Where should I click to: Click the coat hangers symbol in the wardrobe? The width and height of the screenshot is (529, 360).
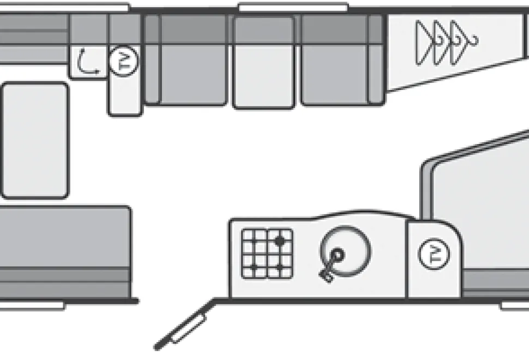click(x=446, y=43)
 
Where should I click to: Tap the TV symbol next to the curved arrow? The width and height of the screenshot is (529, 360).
click(x=124, y=62)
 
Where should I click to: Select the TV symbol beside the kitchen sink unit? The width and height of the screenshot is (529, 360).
click(x=434, y=254)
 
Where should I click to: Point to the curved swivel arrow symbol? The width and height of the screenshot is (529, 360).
click(x=87, y=62)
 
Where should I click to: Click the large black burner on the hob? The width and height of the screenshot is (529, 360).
click(x=279, y=241)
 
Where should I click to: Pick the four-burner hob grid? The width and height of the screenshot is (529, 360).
click(x=267, y=254)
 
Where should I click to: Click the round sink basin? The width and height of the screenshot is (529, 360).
click(x=345, y=251)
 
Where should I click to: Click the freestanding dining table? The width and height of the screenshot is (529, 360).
click(x=35, y=140)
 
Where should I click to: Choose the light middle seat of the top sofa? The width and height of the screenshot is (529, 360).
click(x=263, y=62)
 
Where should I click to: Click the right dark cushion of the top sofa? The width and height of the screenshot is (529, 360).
click(x=342, y=60)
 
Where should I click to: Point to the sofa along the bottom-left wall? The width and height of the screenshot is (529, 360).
click(x=65, y=253)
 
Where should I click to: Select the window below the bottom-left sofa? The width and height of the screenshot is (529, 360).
click(x=32, y=305)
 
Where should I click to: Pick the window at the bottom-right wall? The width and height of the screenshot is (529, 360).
click(x=514, y=305)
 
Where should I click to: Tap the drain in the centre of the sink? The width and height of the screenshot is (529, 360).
click(x=338, y=254)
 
